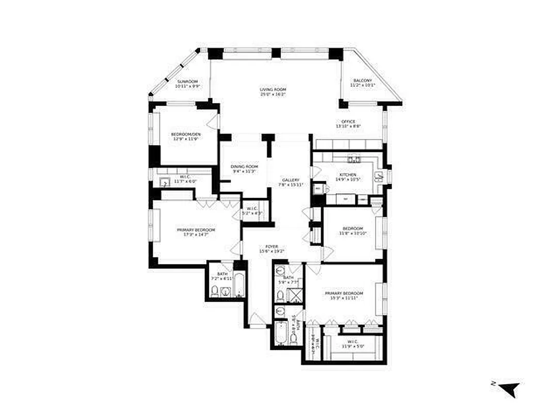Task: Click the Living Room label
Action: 273,89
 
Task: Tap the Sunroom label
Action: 187,82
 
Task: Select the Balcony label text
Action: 363,81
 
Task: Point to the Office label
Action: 348,121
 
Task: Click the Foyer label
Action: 272,246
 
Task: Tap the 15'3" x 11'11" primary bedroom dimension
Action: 341,298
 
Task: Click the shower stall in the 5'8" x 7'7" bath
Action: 295,296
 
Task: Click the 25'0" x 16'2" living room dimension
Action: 273,94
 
